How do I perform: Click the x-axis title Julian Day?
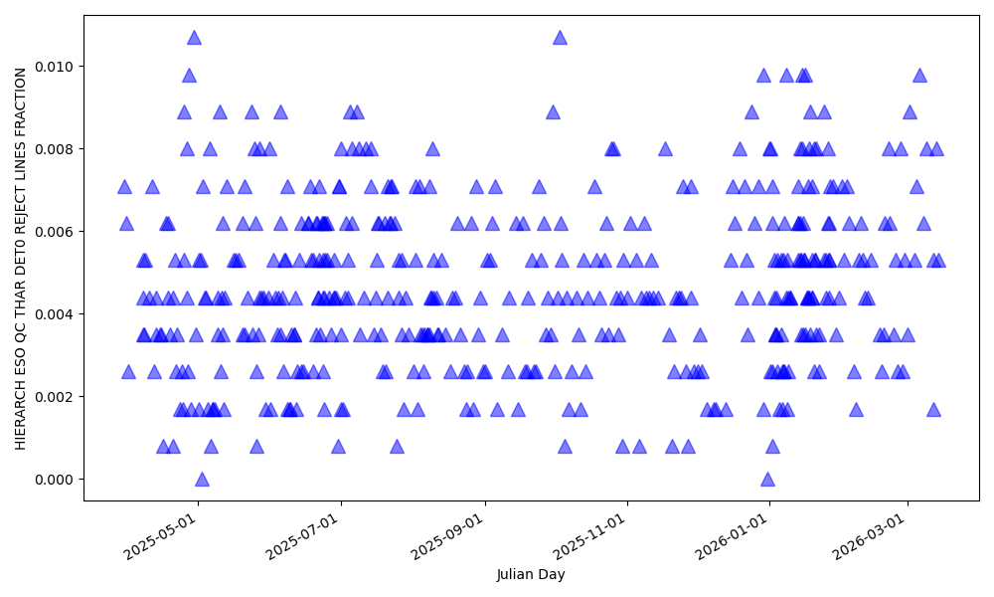click(531, 575)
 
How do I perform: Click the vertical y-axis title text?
click(21, 258)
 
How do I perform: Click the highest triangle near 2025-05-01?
click(194, 37)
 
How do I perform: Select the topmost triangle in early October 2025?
click(560, 37)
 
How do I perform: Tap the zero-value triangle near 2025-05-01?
click(202, 479)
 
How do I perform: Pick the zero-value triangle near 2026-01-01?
click(767, 479)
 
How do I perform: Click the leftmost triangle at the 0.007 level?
click(124, 186)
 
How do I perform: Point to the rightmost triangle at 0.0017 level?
click(933, 409)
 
